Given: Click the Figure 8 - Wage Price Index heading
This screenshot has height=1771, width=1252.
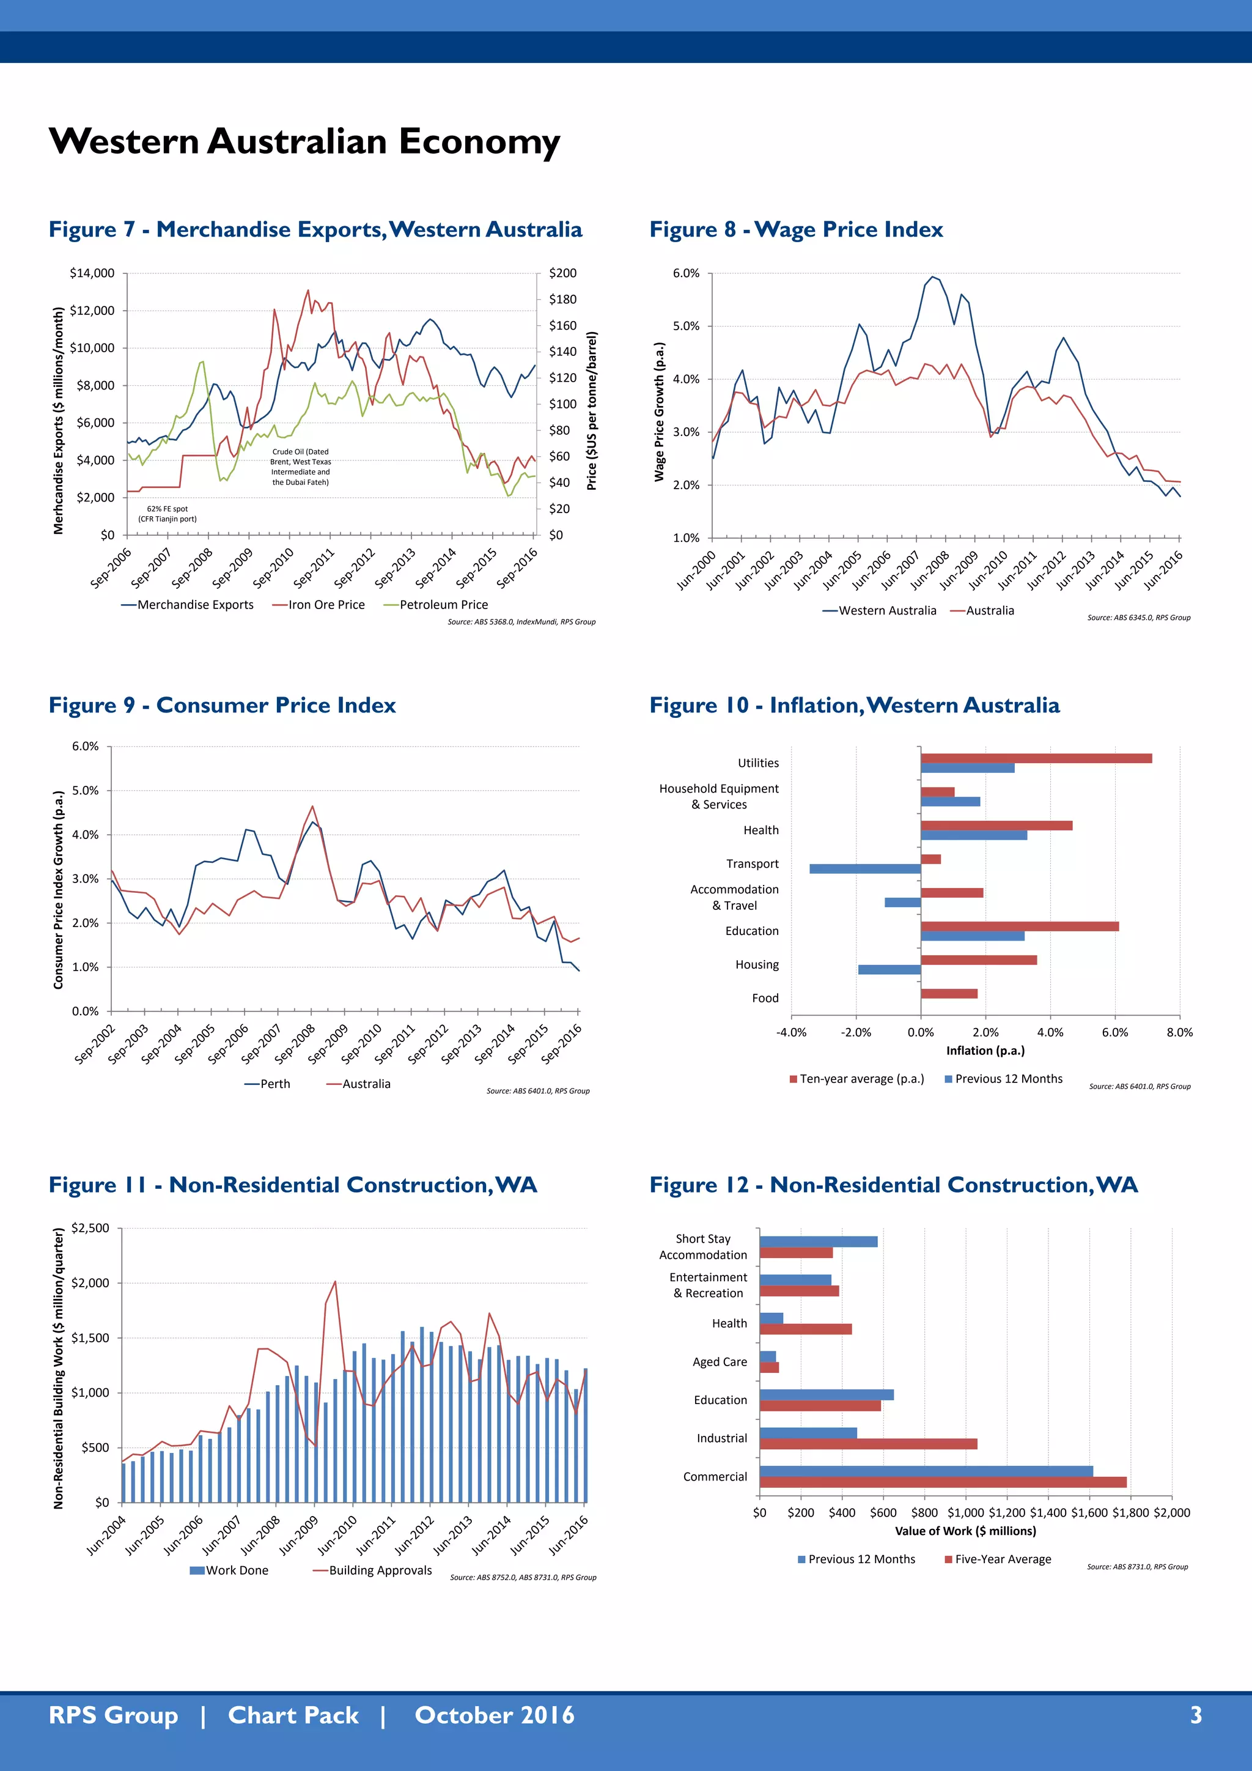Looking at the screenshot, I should pos(795,229).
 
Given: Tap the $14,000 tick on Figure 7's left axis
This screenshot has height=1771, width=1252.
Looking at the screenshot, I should pos(92,273).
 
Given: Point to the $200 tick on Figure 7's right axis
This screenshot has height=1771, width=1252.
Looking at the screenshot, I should pos(562,273).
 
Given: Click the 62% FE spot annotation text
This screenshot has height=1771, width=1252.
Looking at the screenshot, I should pos(168,514).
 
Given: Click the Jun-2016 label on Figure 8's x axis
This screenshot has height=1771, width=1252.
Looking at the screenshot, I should pos(1163,570).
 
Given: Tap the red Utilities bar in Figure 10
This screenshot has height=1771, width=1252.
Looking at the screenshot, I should pos(1036,758).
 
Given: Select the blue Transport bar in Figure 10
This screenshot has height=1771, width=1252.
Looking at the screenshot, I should pos(864,868).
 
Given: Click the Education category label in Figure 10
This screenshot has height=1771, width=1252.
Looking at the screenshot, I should pos(752,931).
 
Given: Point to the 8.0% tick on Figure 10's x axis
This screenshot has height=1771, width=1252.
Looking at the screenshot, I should pos(1179,1032).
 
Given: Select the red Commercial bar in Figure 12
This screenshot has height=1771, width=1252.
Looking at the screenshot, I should pos(942,1482).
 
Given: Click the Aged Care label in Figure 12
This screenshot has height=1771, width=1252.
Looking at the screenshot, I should pos(720,1361).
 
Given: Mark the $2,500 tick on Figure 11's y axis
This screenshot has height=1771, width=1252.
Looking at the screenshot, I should pos(90,1228).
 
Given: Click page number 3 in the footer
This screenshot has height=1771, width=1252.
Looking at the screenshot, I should pos(1196,1715).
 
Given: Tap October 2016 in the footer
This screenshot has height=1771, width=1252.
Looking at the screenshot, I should pos(494,1715).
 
